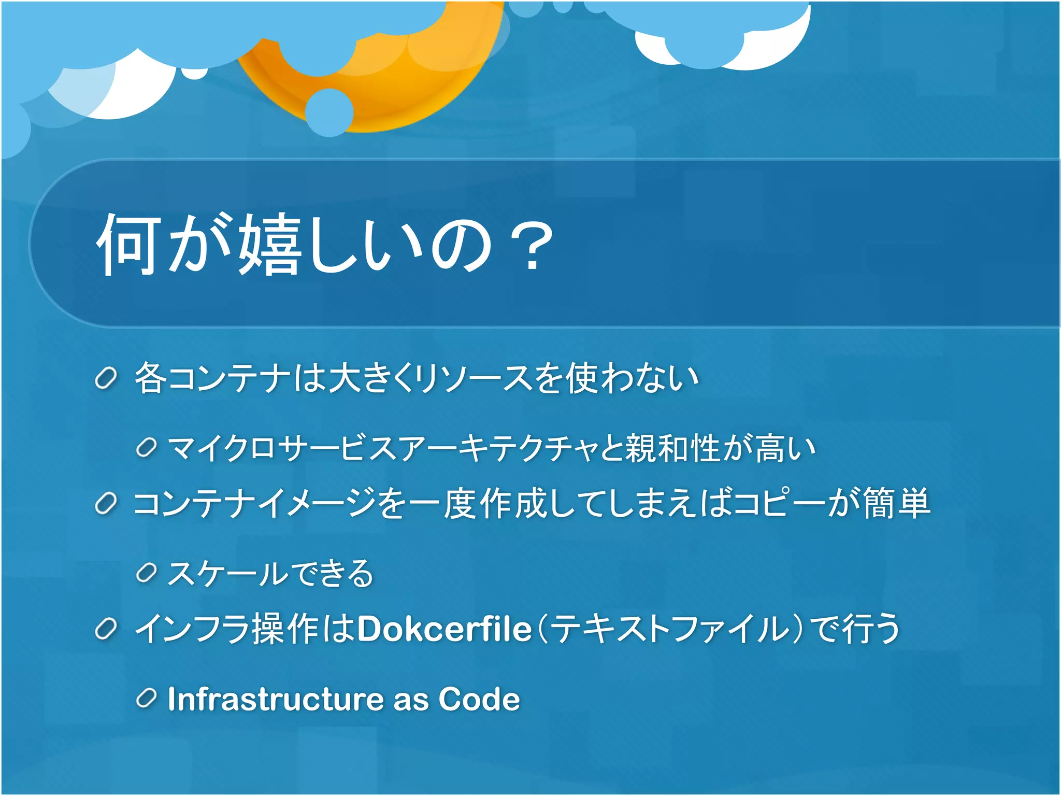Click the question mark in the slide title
(x=532, y=245)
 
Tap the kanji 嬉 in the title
(x=269, y=245)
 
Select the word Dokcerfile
(x=445, y=629)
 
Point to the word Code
(x=479, y=699)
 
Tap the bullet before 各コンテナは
(x=106, y=378)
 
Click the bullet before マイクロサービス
(x=146, y=448)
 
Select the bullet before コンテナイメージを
(x=106, y=504)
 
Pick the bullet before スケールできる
(x=146, y=573)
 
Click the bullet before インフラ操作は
(x=106, y=629)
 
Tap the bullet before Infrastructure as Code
(x=146, y=699)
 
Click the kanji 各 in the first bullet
(x=150, y=377)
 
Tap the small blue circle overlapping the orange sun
(x=329, y=112)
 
